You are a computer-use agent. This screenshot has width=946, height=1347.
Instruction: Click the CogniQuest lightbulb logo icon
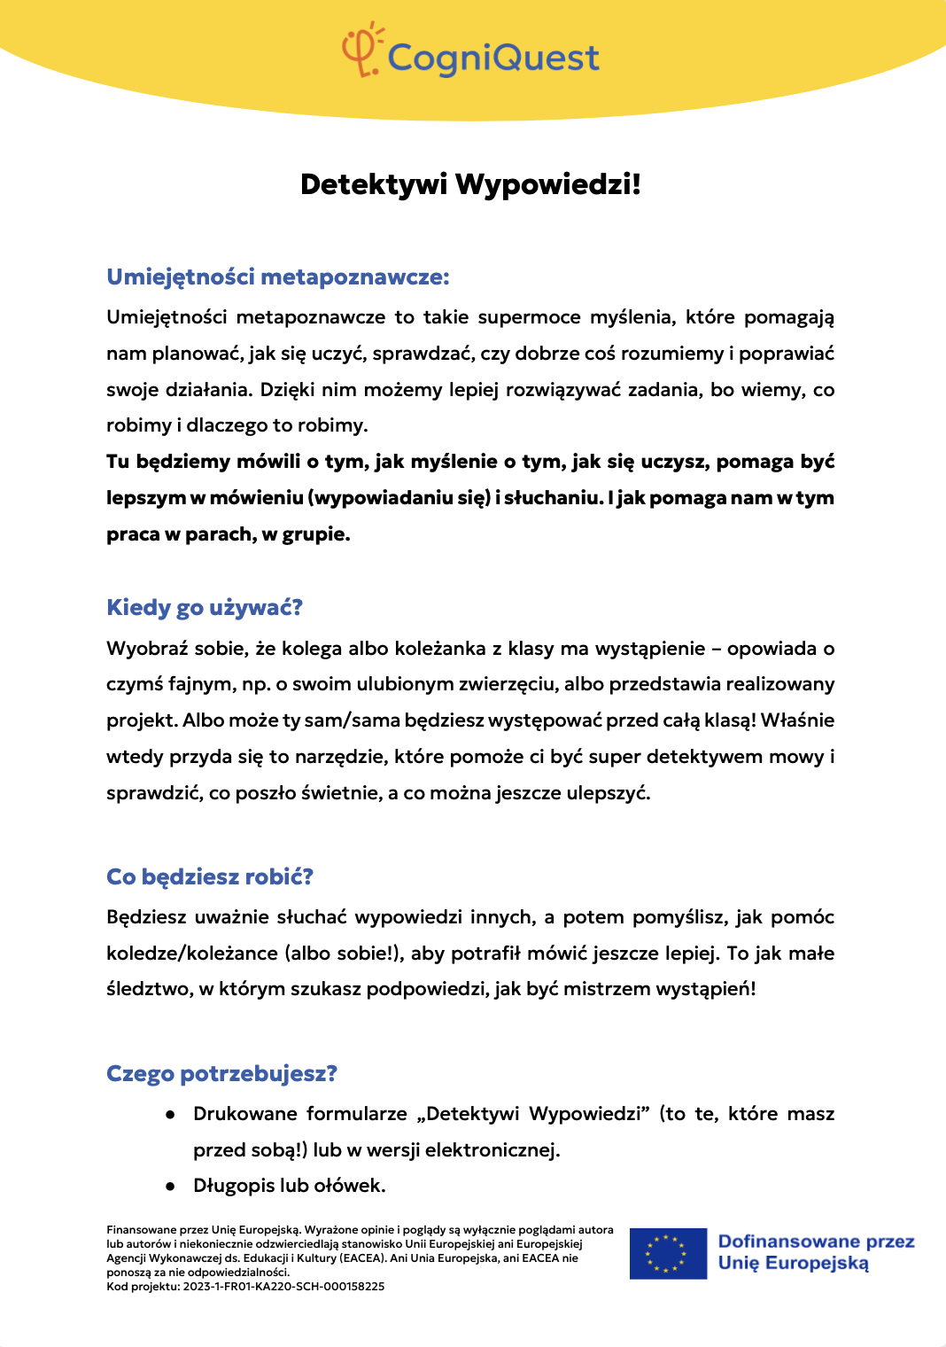coord(361,51)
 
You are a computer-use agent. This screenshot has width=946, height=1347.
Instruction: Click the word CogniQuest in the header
coord(493,58)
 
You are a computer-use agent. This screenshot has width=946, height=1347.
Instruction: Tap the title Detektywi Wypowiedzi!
coord(470,184)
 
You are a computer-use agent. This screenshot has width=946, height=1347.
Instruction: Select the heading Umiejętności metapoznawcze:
coord(278,277)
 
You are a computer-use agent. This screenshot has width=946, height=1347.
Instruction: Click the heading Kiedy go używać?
coord(205,608)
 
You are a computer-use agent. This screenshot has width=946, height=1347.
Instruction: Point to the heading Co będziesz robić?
coord(210,877)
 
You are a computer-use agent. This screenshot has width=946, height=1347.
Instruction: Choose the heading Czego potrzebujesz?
coord(221,1074)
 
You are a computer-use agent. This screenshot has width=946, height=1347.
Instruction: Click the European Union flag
coord(668,1253)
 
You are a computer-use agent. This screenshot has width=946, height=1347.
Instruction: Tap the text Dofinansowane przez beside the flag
coord(816,1242)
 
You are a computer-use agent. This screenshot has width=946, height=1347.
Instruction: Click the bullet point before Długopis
coord(170,1187)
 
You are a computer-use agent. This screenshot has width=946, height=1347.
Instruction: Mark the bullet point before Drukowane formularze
coord(170,1115)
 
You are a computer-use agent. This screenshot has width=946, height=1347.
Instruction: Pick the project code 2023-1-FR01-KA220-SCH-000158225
coord(283,1287)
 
